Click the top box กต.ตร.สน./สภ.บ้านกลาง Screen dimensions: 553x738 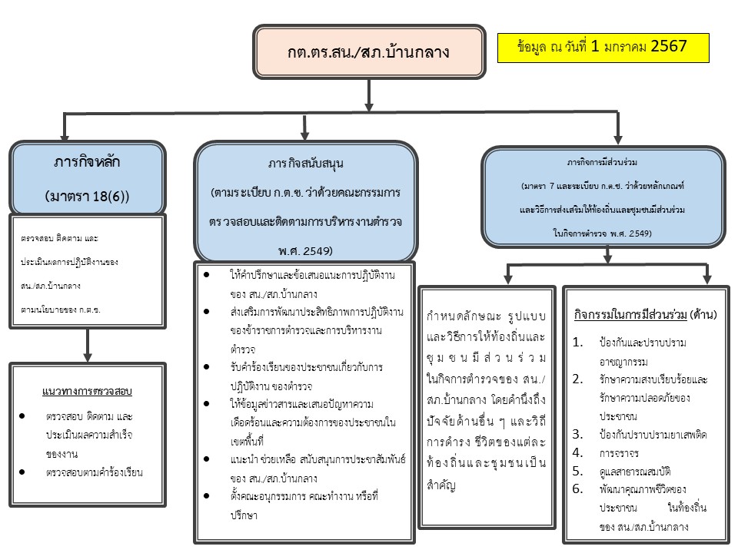[x=369, y=53]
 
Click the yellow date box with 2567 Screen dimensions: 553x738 [x=603, y=47]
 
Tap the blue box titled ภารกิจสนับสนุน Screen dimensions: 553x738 [x=306, y=201]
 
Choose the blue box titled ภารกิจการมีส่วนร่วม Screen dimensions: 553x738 [x=603, y=197]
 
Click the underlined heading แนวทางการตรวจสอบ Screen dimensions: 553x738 [x=87, y=392]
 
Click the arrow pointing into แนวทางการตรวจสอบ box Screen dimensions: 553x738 [x=87, y=346]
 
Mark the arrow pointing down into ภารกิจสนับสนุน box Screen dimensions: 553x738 [x=305, y=127]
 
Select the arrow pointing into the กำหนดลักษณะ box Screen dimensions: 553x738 [x=508, y=273]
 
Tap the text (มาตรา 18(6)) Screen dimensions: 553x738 [x=87, y=196]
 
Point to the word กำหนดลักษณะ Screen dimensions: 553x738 [x=460, y=316]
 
